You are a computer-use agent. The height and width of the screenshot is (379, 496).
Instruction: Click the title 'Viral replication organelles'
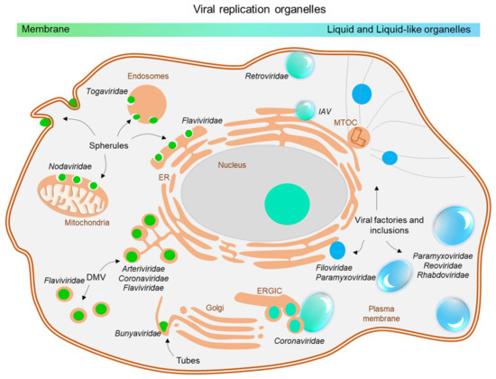point(248,8)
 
